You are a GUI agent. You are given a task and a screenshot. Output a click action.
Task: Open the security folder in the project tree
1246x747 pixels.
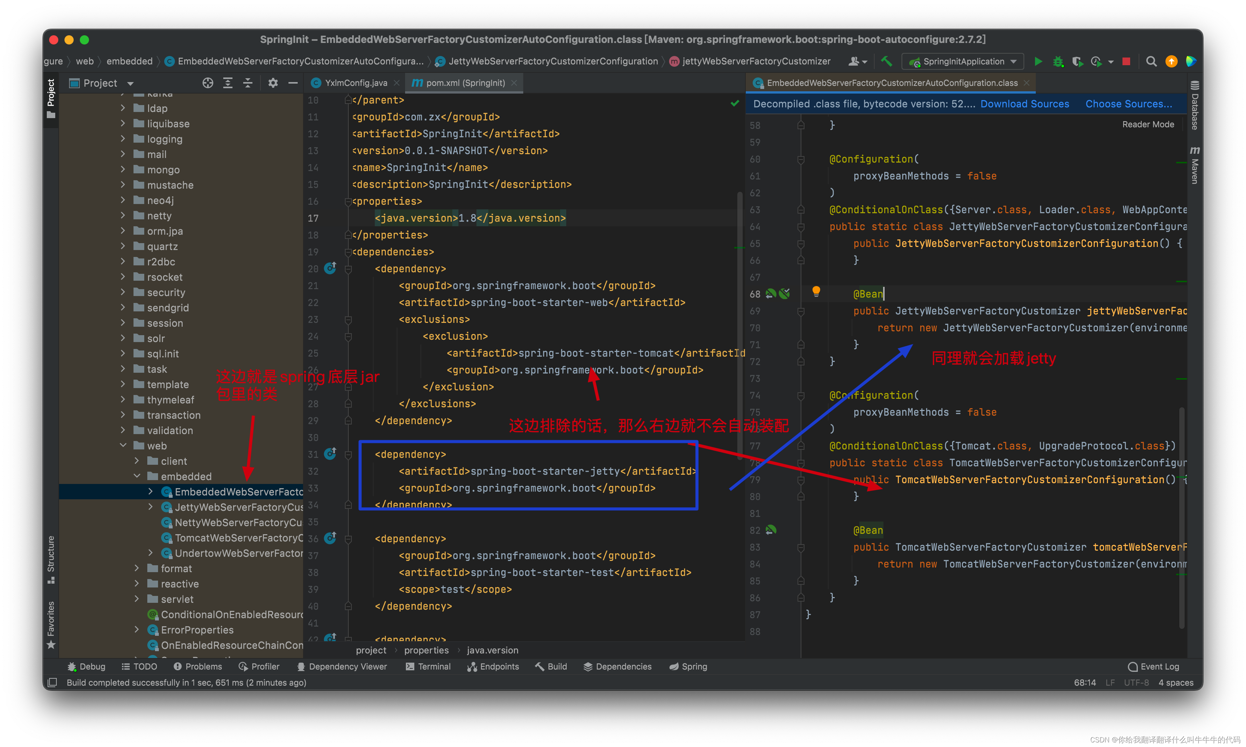[x=166, y=293]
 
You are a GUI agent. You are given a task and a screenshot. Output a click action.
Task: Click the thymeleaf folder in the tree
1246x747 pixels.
[x=170, y=400]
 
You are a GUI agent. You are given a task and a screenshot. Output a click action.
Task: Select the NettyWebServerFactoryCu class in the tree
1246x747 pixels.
[x=237, y=523]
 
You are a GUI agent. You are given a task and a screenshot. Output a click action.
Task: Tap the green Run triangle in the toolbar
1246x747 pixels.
[x=1038, y=61]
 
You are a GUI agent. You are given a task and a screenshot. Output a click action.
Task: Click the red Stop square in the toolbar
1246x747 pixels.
[x=1127, y=61]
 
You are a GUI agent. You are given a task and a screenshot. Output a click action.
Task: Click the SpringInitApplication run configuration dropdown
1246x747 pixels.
[x=962, y=61]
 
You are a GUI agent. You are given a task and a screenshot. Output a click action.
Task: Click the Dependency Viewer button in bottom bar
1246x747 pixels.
[x=342, y=666]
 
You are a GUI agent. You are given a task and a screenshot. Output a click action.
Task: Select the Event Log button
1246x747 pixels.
[x=1154, y=666]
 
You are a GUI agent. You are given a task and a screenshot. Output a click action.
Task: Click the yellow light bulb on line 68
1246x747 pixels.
[x=816, y=291]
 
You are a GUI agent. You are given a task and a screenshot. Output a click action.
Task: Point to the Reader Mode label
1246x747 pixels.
[x=1148, y=124]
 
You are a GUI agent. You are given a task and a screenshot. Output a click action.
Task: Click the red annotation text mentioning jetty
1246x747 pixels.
[x=993, y=359]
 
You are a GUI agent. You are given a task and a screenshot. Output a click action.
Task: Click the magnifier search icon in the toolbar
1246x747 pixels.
[x=1151, y=61]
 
